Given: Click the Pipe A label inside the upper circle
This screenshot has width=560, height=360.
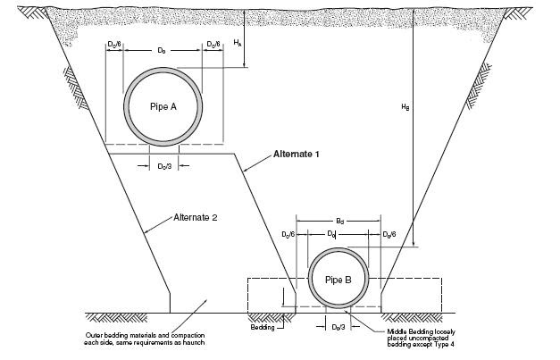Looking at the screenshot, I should (x=162, y=105).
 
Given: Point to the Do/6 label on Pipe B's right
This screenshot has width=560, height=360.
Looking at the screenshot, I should (x=389, y=234).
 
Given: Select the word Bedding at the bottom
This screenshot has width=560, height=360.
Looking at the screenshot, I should (x=264, y=328).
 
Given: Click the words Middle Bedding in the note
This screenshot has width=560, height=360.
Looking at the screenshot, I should (x=405, y=331).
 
